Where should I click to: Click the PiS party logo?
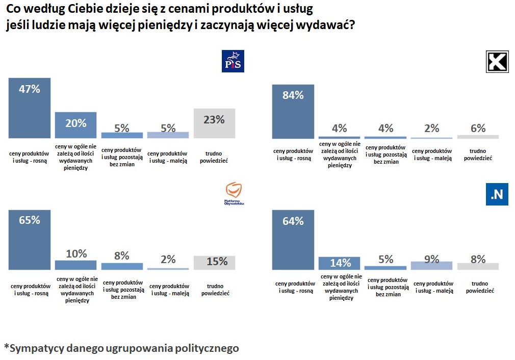click(x=233, y=61)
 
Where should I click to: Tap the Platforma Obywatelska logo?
click(x=234, y=194)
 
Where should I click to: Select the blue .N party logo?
click(x=497, y=194)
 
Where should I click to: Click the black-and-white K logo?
click(x=497, y=62)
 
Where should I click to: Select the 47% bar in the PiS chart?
click(x=30, y=108)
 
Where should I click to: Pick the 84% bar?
click(x=293, y=111)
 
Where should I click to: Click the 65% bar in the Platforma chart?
click(x=30, y=240)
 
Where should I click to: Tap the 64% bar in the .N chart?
click(x=293, y=240)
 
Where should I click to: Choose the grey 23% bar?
click(x=214, y=123)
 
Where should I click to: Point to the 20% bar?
click(x=75, y=125)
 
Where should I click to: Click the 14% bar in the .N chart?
click(x=340, y=263)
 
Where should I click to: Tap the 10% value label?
click(x=76, y=253)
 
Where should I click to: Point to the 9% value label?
click(x=431, y=260)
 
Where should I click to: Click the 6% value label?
click(x=478, y=128)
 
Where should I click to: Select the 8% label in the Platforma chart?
click(x=122, y=255)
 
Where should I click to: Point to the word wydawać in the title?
click(x=329, y=25)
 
